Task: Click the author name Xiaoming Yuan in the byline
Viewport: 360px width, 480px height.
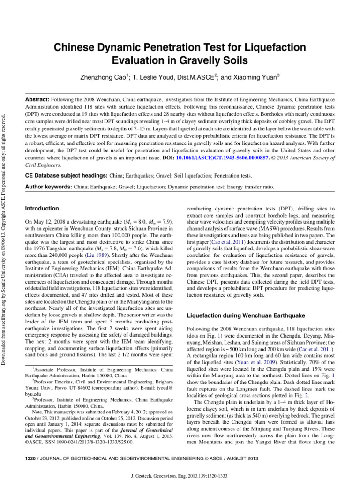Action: coord(255,76)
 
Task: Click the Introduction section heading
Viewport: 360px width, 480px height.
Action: coord(42,208)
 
